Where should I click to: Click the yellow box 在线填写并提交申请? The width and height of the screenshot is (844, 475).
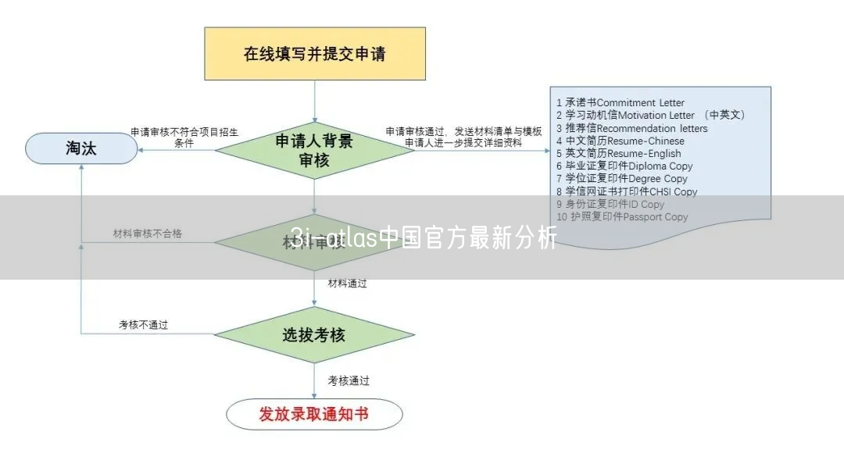tap(315, 54)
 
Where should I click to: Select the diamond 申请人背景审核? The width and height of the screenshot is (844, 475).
tap(314, 150)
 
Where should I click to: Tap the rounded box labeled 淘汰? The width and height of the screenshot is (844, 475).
tap(81, 148)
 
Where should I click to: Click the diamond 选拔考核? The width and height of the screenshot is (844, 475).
tap(314, 335)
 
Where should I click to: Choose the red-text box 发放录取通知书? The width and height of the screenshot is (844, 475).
tap(314, 414)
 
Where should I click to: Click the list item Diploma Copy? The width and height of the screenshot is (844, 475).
tap(624, 166)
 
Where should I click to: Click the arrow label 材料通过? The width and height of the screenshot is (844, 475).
tap(348, 284)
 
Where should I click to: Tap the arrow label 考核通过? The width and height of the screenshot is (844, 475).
tap(349, 381)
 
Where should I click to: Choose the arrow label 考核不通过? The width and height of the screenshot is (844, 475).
tap(143, 325)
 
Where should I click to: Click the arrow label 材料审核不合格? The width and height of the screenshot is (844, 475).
tap(147, 234)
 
